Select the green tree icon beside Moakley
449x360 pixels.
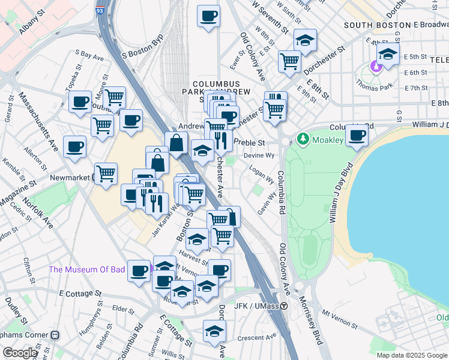[x=302, y=139]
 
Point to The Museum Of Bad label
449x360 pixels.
[x=87, y=269]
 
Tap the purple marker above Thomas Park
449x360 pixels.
[x=377, y=65]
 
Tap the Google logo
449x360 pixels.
[x=20, y=353]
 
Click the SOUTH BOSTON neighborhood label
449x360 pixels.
[x=373, y=25]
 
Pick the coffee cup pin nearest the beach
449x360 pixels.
[x=357, y=136]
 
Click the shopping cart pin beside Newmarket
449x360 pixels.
[x=106, y=173]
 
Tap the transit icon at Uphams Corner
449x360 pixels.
[x=55, y=334]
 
